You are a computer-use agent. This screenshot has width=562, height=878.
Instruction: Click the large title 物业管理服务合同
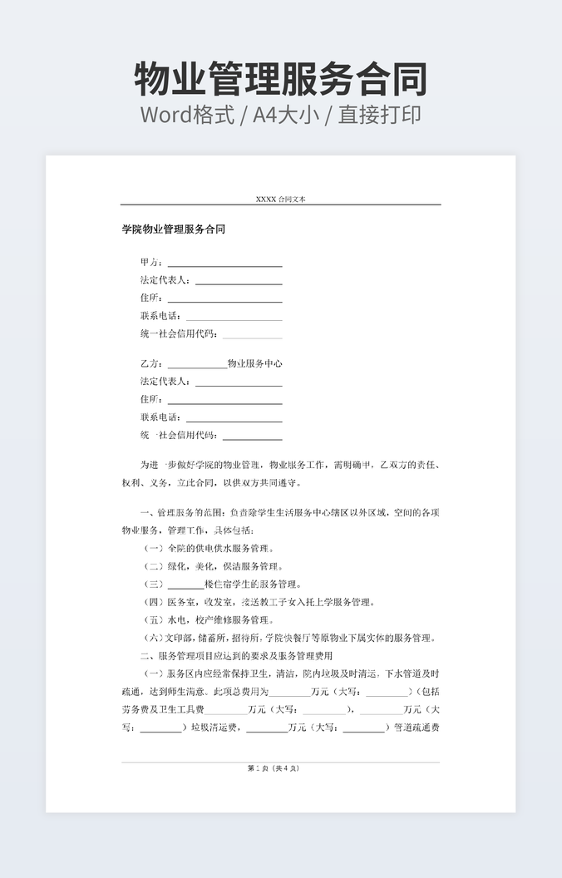click(281, 79)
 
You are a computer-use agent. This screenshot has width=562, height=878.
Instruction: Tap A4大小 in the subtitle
click(288, 115)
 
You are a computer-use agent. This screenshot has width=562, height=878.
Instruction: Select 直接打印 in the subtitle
click(379, 115)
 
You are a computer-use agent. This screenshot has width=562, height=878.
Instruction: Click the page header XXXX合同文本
click(280, 200)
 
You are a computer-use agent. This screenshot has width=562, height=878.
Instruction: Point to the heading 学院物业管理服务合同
click(174, 229)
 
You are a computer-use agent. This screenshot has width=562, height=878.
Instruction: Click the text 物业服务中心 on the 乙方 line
click(254, 364)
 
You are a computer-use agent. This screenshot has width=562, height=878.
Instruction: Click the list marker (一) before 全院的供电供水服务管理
click(154, 549)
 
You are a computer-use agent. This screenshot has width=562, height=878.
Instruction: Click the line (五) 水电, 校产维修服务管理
click(208, 620)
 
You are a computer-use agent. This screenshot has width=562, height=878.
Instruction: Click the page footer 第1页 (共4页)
click(280, 768)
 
